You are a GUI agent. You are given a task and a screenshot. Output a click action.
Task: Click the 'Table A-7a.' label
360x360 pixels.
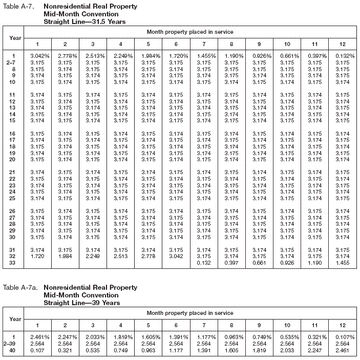coord(20,288)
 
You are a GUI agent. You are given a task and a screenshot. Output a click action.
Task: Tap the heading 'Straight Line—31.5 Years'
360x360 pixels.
coord(84,22)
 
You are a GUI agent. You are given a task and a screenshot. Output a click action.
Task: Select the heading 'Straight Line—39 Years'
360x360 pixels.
coord(82,303)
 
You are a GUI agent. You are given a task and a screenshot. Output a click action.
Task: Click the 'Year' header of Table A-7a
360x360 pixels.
coord(15,319)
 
